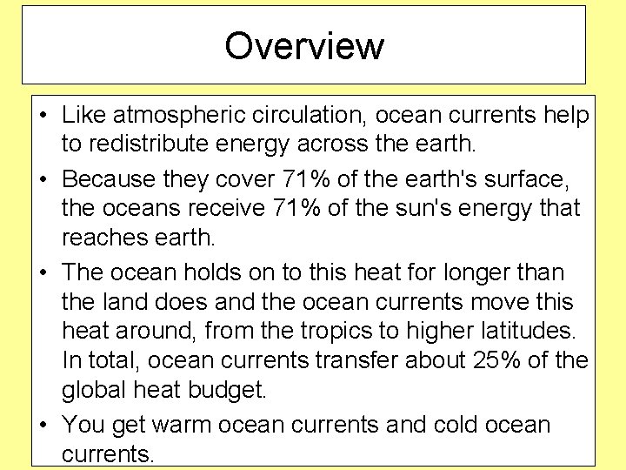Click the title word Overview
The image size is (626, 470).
point(303,46)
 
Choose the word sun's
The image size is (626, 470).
point(425,210)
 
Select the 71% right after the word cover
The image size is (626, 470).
point(307,178)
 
